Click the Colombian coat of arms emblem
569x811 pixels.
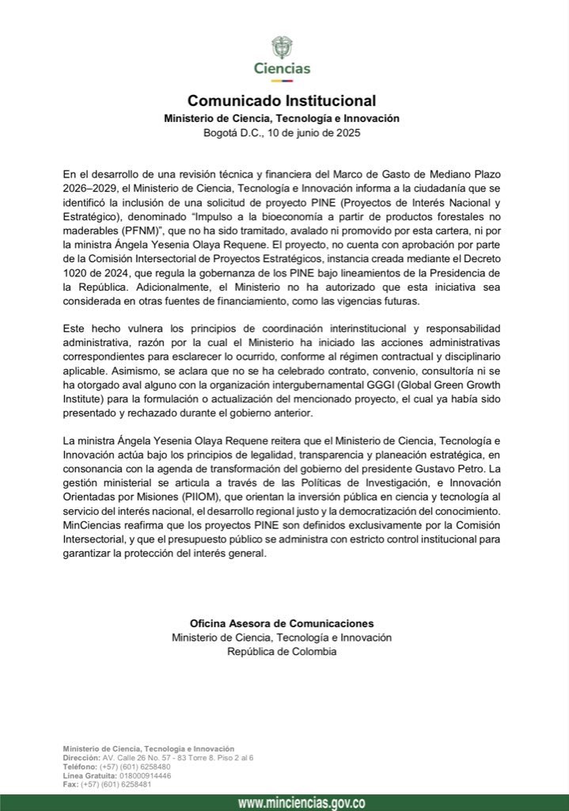point(282,46)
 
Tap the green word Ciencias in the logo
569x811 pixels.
point(282,69)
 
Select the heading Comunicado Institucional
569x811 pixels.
point(281,101)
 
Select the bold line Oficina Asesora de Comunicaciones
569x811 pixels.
point(281,623)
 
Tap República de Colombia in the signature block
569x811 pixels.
point(281,651)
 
